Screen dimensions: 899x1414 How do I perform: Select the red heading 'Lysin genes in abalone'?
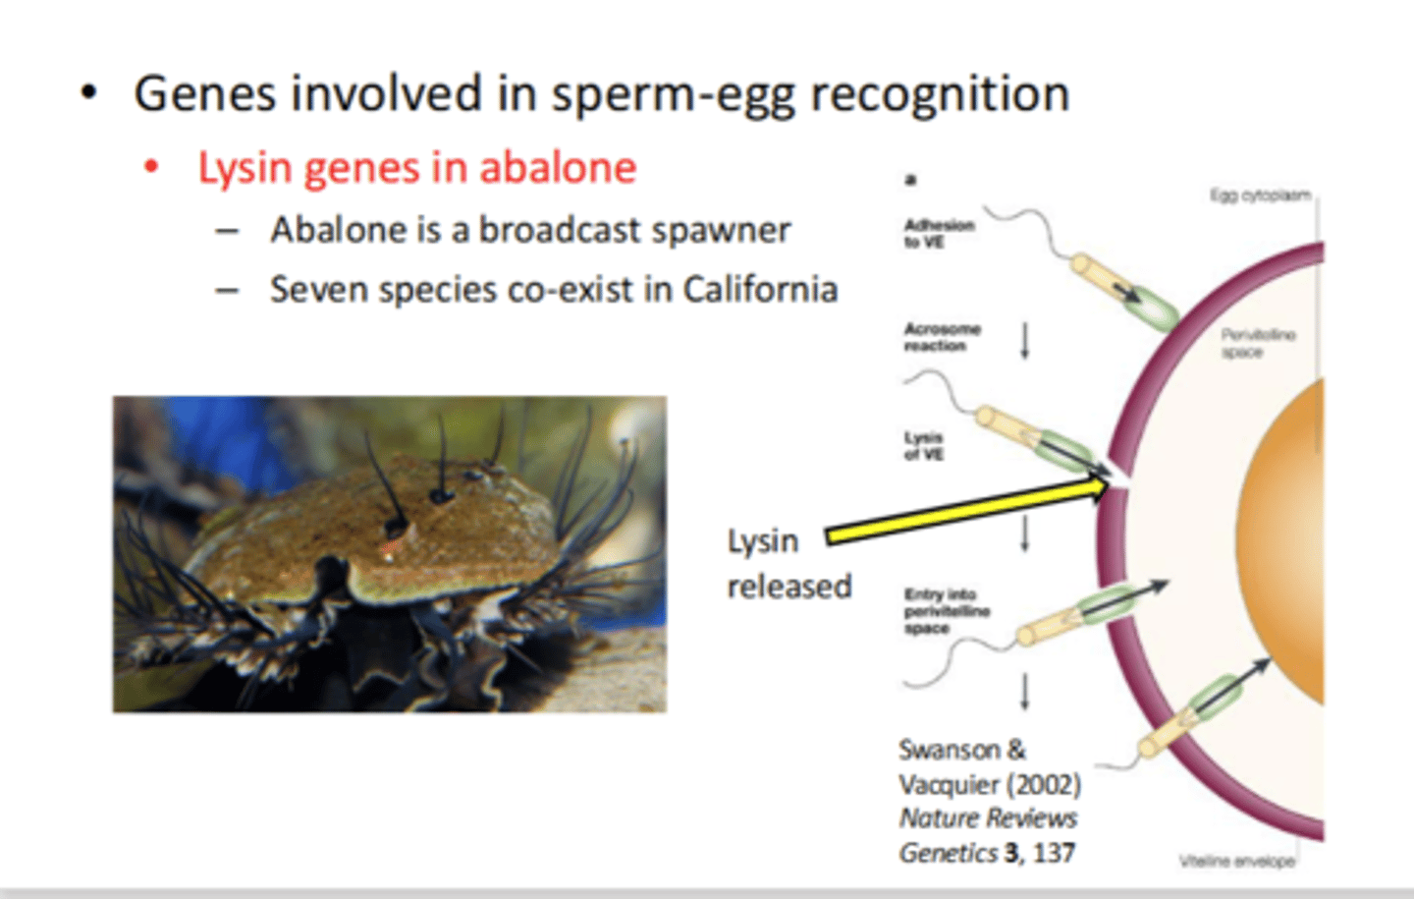[x=417, y=167]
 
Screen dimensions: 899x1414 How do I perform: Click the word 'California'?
[x=760, y=290]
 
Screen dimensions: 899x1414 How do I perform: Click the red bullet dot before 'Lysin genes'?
[x=151, y=167]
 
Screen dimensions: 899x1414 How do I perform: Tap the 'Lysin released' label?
[x=789, y=563]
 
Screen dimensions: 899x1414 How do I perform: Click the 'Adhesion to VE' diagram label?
[x=938, y=233]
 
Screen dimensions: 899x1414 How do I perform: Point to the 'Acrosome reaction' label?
[x=942, y=337]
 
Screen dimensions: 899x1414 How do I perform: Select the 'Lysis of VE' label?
[x=923, y=446]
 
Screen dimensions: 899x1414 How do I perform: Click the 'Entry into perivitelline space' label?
[x=947, y=610]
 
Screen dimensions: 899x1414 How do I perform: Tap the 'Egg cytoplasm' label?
[x=1260, y=196]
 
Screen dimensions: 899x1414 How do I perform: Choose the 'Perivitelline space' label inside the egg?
[x=1257, y=343]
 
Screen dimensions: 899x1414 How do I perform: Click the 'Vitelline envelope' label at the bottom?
[x=1236, y=862]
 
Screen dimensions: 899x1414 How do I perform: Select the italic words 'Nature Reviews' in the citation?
[x=988, y=818]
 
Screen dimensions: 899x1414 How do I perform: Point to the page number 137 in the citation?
[x=1054, y=853]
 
